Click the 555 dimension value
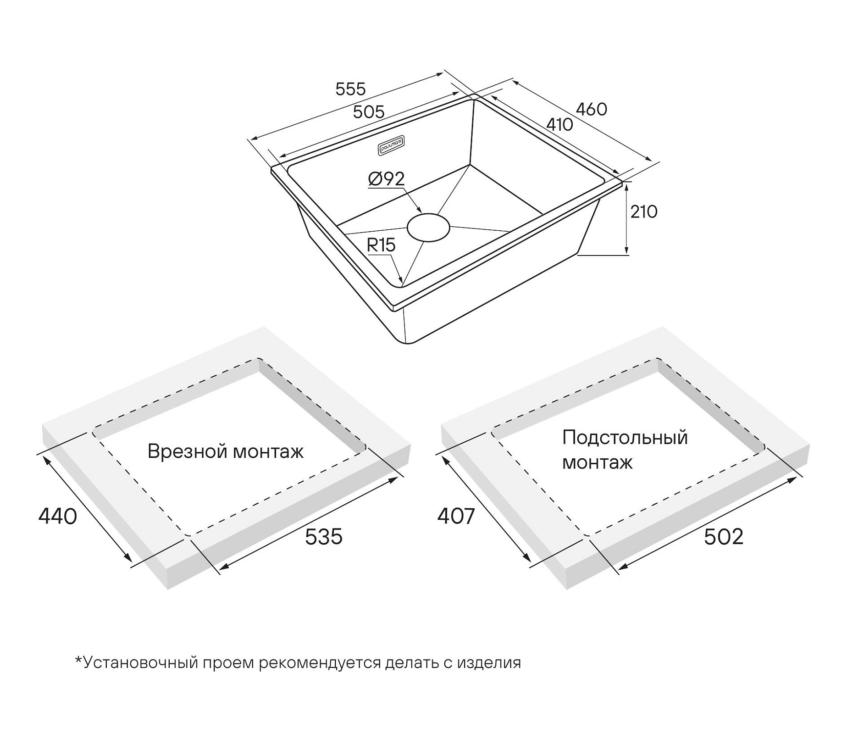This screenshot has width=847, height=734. click(350, 89)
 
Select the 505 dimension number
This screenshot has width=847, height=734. click(368, 111)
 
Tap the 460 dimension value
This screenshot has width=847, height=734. click(591, 109)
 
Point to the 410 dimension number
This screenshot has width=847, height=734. click(559, 124)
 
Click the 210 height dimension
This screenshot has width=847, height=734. click(643, 211)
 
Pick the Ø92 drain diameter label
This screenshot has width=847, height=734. click(386, 178)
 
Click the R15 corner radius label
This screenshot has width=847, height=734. click(381, 245)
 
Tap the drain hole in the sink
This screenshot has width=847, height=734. click(428, 227)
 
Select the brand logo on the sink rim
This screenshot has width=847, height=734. click(391, 146)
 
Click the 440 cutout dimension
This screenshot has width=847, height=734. click(57, 517)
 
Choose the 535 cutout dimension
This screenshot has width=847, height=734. click(324, 536)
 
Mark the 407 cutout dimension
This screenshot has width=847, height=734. click(456, 517)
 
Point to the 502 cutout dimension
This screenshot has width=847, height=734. click(724, 536)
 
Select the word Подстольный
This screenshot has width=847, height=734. click(625, 438)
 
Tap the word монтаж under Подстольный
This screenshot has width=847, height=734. click(597, 462)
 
